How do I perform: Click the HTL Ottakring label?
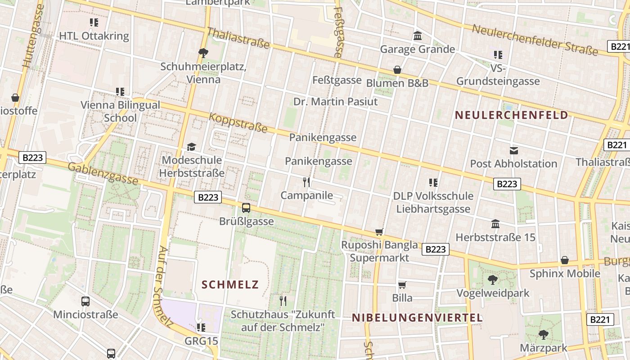(x=94, y=36)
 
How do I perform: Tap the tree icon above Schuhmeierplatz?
(x=203, y=53)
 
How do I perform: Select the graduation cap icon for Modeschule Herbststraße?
(x=192, y=147)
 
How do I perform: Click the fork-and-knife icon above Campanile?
(x=306, y=182)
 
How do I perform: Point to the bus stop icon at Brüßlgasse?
(x=246, y=208)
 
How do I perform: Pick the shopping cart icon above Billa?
(x=402, y=284)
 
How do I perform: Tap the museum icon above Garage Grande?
(x=418, y=36)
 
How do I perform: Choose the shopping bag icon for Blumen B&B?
(x=397, y=70)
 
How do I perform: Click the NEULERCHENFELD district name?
(x=512, y=115)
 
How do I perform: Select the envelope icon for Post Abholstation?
(x=513, y=150)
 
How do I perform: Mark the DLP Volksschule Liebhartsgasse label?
(x=433, y=202)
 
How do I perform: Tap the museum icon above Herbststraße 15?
(x=495, y=224)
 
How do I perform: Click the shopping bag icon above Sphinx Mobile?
(x=565, y=260)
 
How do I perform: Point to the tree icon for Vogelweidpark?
(x=492, y=280)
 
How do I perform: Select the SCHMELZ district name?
(x=230, y=284)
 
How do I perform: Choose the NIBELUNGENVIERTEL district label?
(x=417, y=318)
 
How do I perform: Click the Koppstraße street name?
(x=238, y=123)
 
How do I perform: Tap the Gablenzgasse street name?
(x=103, y=173)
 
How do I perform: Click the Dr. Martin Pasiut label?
(x=336, y=102)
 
